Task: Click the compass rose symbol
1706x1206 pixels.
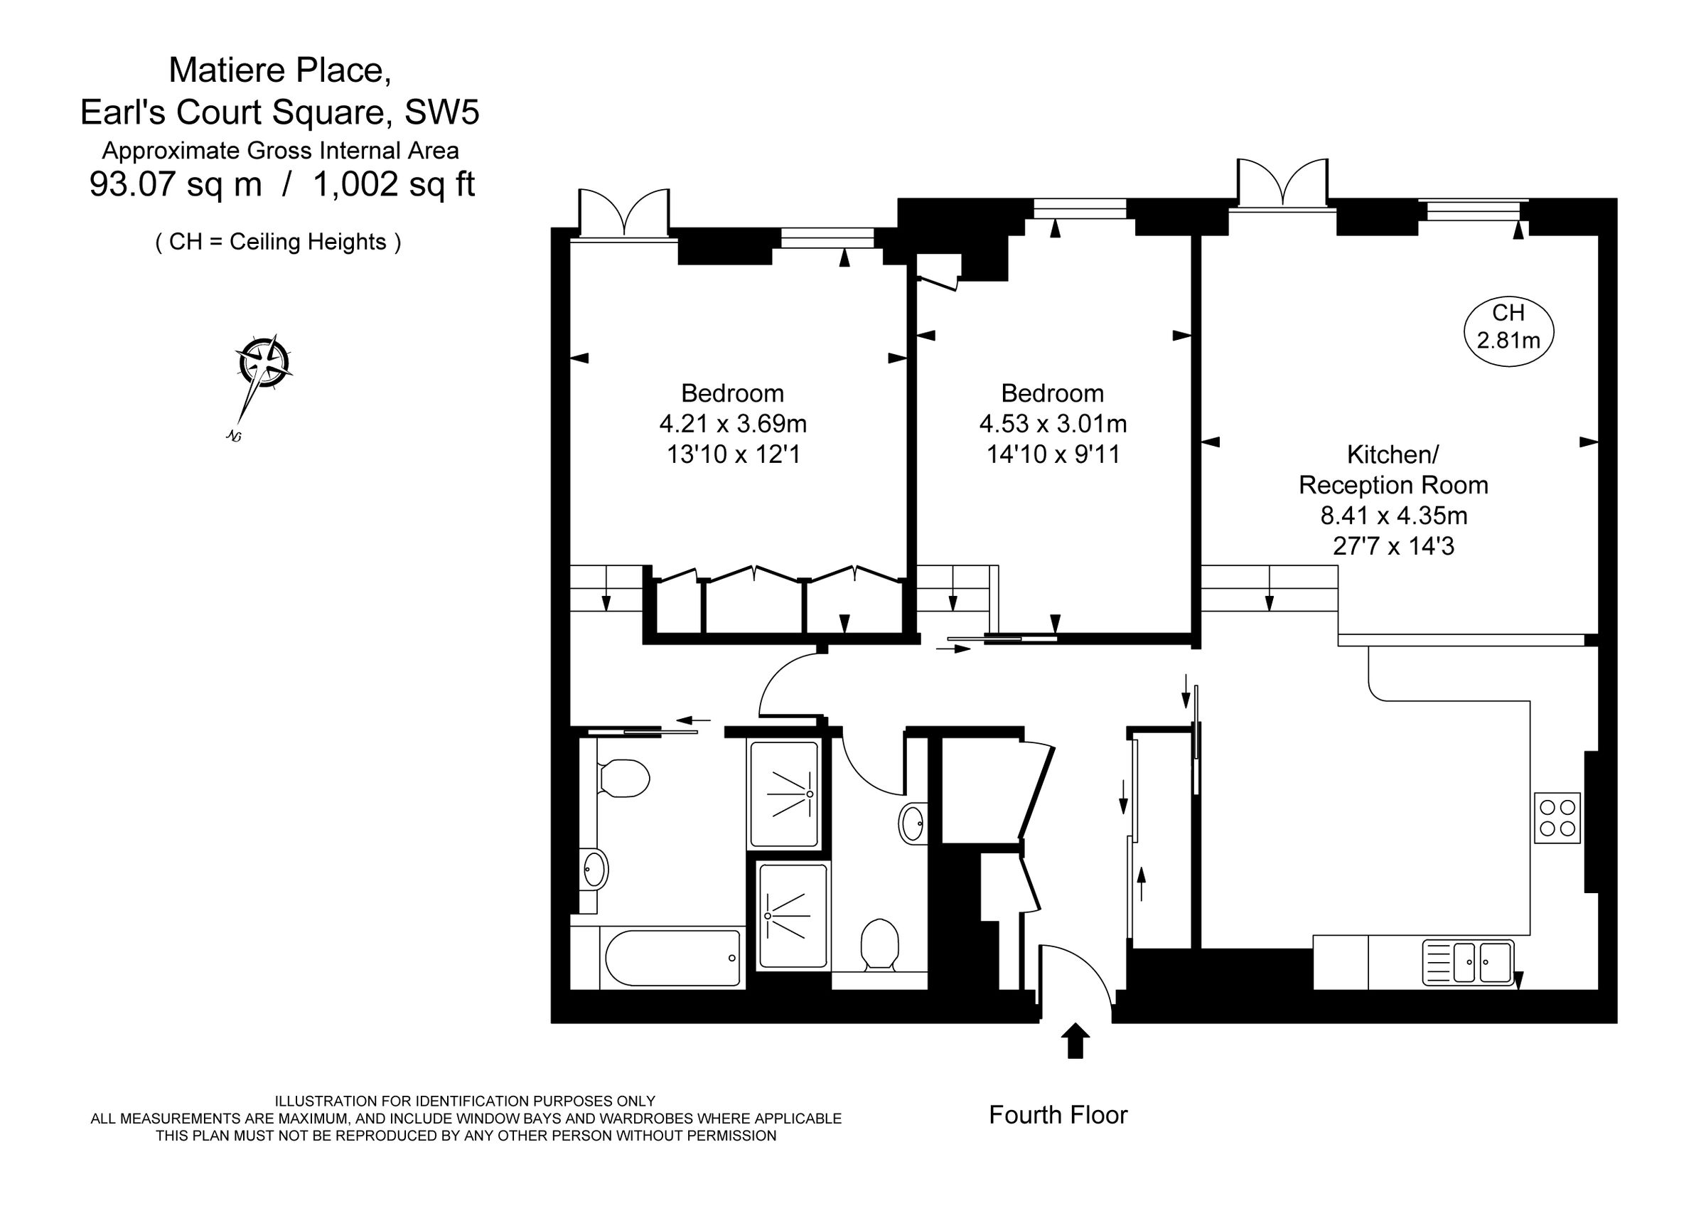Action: tap(262, 363)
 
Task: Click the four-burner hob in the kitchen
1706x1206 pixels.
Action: tap(1557, 817)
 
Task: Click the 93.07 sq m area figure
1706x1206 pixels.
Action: tap(176, 183)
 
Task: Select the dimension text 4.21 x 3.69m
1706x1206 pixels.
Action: tap(733, 424)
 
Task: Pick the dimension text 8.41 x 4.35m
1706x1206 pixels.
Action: tap(1393, 515)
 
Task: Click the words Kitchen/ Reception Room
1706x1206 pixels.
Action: tap(1393, 469)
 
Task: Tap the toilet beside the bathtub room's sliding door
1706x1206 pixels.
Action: tap(623, 778)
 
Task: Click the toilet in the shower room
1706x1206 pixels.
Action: tap(880, 944)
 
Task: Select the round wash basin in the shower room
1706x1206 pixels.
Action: tap(913, 823)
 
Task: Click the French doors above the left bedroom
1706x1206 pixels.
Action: tap(624, 214)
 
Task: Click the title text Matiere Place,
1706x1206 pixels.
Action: tap(280, 70)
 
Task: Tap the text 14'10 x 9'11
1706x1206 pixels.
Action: tap(1053, 454)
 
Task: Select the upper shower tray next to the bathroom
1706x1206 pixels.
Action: tap(785, 794)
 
